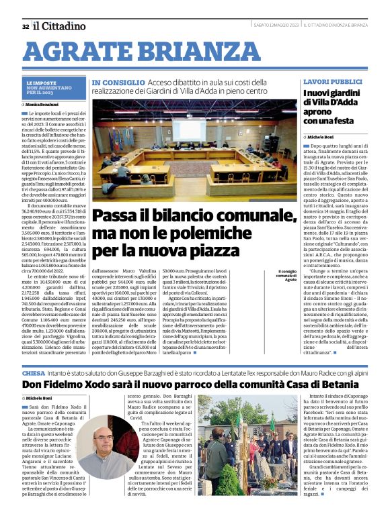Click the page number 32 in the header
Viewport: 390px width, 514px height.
tap(26, 26)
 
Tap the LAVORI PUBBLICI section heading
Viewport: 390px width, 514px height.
tap(332, 81)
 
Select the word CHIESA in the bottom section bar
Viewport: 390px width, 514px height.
tap(34, 372)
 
